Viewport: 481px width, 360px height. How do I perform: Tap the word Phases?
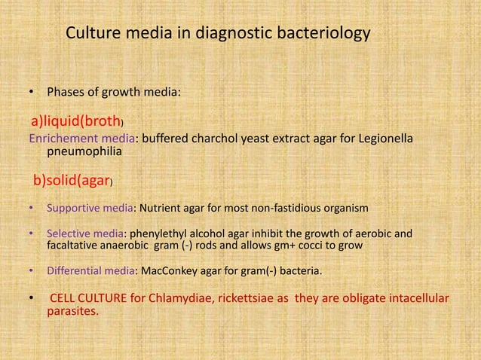coord(67,94)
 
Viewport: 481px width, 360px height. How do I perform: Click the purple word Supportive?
coord(75,207)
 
